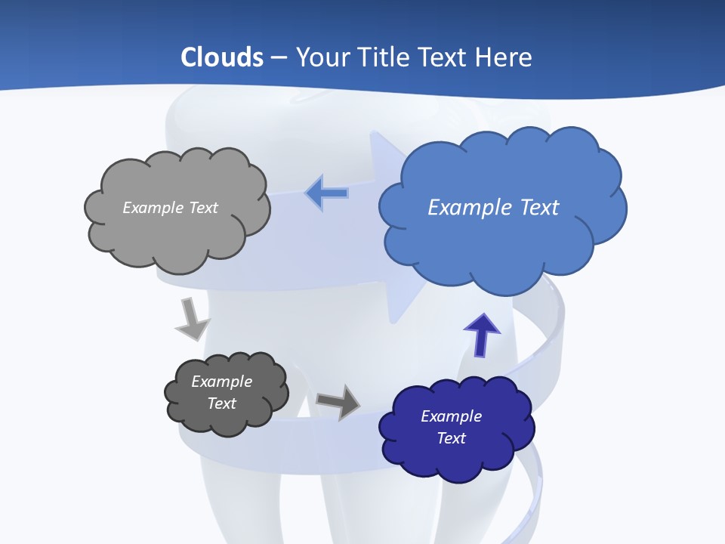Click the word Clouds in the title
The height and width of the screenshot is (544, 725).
click(x=222, y=57)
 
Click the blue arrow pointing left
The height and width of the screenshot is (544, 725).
click(x=326, y=193)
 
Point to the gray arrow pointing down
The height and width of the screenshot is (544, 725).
click(x=191, y=319)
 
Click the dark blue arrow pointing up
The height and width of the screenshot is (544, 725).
click(x=481, y=334)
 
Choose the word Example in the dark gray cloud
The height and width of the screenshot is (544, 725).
click(x=222, y=382)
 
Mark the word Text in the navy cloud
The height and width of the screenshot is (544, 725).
click(x=452, y=438)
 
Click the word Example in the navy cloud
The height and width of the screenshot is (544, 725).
click(x=452, y=416)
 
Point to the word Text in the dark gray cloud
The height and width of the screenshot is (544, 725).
click(x=222, y=403)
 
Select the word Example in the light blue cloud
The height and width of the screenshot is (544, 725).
click(x=470, y=208)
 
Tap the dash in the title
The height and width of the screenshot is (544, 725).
click(x=279, y=57)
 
